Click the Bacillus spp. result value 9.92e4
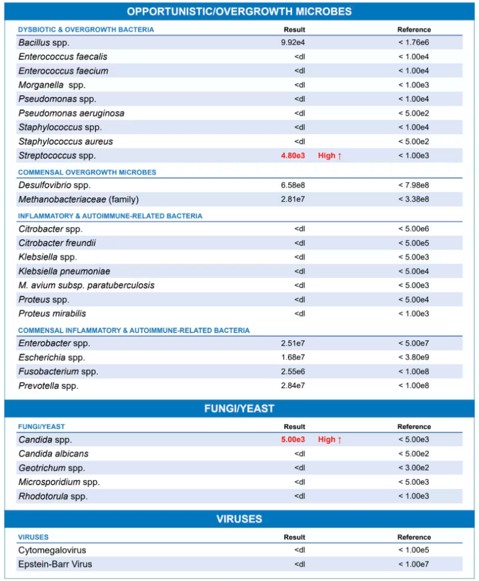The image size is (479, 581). (292, 43)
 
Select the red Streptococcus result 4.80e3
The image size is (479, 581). (293, 156)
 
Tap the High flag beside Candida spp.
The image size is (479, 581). (330, 440)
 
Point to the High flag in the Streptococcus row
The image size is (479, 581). (330, 156)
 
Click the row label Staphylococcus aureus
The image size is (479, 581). (66, 141)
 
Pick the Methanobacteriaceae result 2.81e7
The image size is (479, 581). (293, 199)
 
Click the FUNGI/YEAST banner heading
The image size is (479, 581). (239, 408)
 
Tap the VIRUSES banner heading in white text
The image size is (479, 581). (239, 519)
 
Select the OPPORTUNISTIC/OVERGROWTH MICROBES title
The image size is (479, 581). (239, 11)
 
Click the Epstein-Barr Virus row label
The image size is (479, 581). (55, 564)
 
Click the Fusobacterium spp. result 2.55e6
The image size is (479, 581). (293, 371)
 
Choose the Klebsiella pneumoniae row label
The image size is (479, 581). (64, 271)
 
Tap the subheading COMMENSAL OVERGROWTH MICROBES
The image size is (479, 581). (87, 172)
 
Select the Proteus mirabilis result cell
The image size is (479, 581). (300, 313)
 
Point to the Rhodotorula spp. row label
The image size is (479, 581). (53, 496)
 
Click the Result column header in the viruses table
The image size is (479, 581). (294, 537)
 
